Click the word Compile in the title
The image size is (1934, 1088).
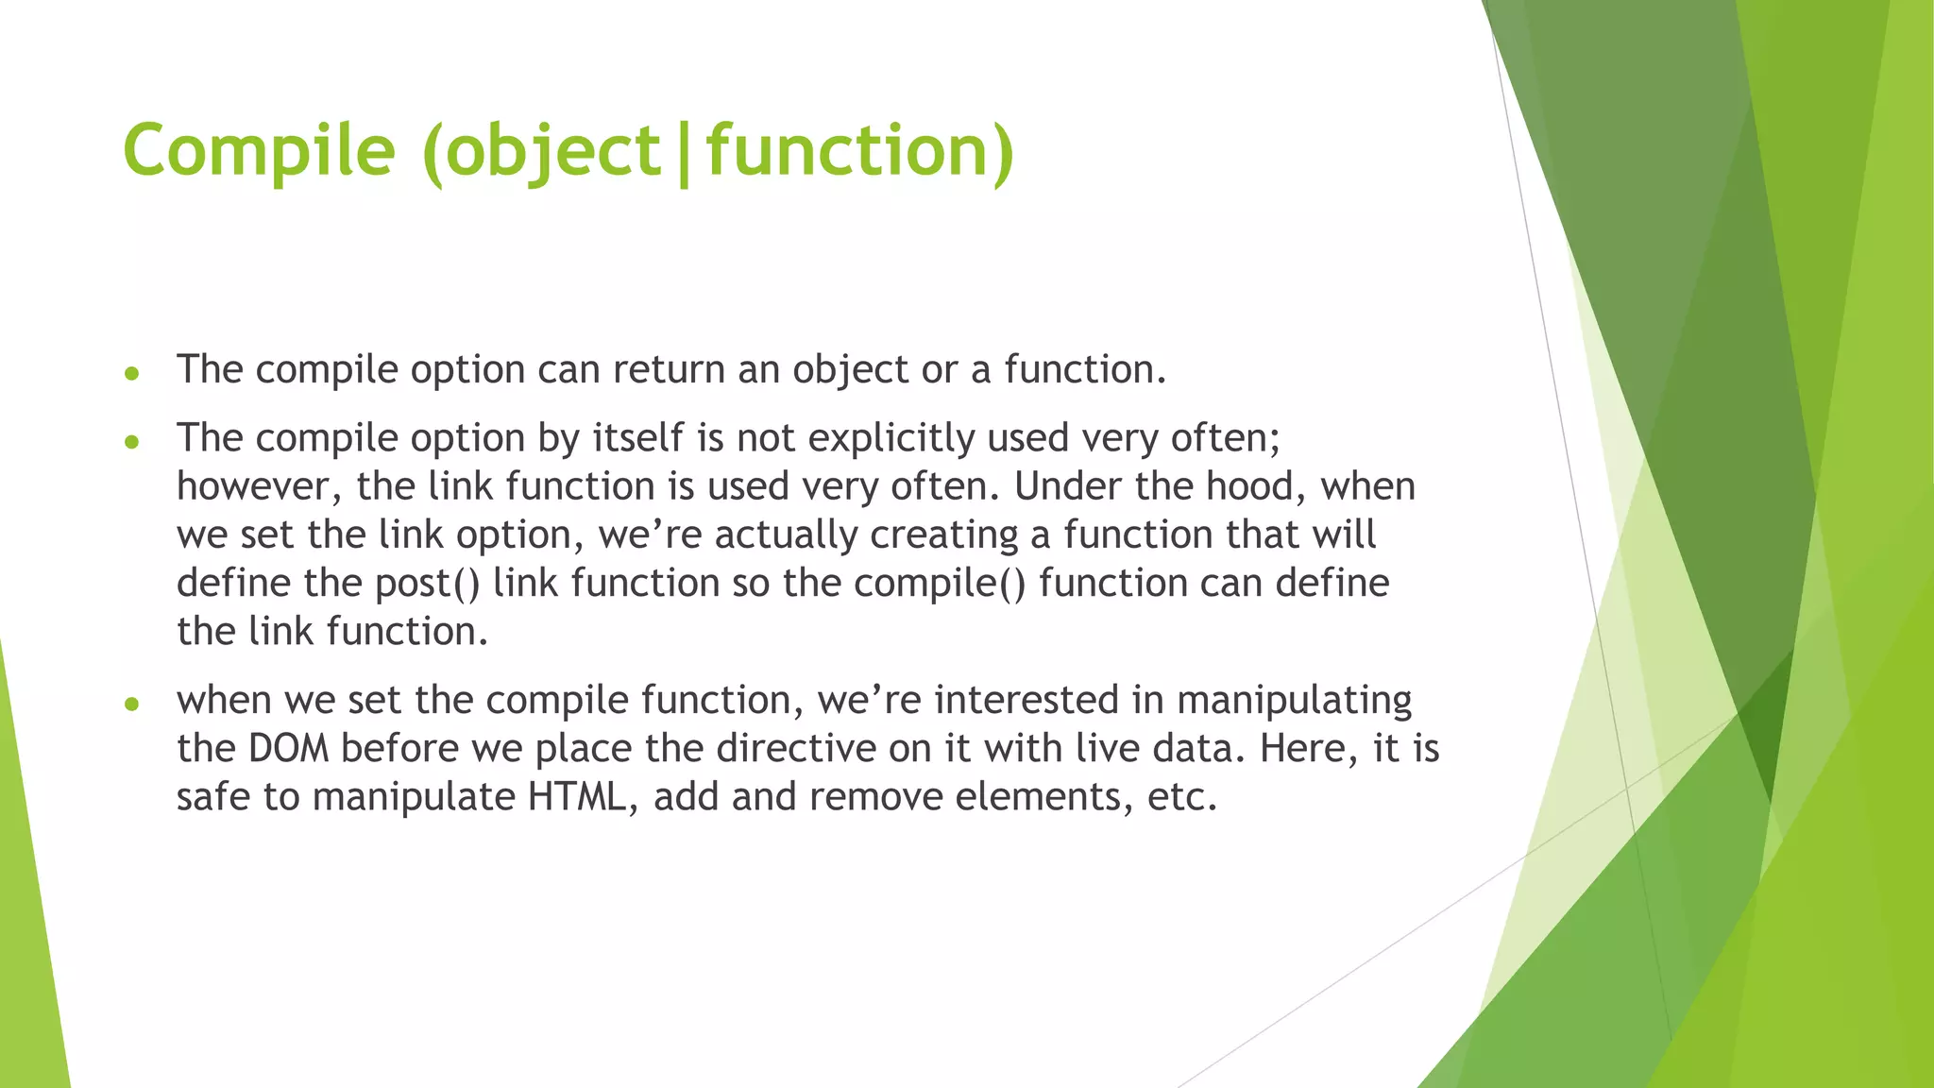pos(259,151)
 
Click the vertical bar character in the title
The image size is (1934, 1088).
pos(684,153)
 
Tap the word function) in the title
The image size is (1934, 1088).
pos(860,151)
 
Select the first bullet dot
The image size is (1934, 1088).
pos(132,374)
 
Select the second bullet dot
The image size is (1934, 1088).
pos(132,442)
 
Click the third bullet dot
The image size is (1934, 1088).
pos(132,704)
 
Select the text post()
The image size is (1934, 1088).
pos(428,584)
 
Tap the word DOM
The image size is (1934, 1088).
pos(288,749)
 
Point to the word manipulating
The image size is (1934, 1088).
pos(1294,701)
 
